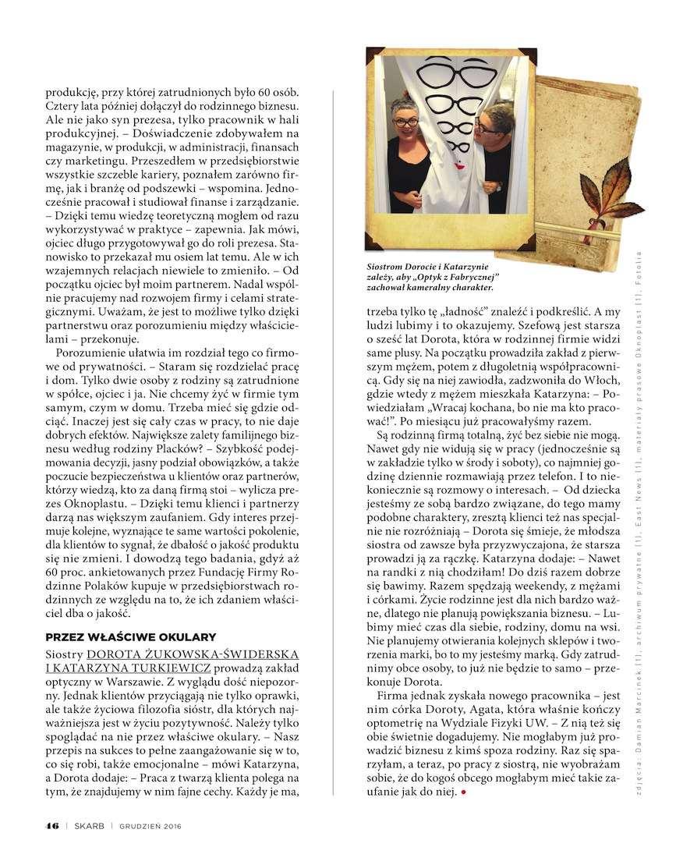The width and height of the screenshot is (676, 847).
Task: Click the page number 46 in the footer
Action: tap(52, 825)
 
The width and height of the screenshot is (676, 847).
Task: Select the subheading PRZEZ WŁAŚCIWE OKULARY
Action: tap(130, 636)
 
